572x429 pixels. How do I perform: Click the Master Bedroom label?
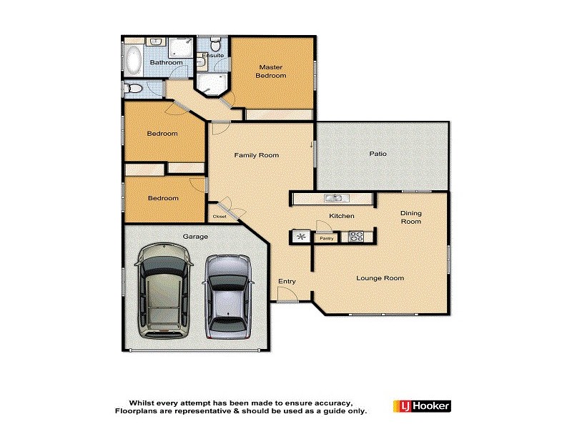click(271, 71)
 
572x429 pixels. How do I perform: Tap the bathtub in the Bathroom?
click(133, 61)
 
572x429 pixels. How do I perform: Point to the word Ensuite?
click(213, 55)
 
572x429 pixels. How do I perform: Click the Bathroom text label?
click(166, 63)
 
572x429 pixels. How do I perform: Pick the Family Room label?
click(257, 155)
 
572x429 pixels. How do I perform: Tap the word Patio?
click(378, 154)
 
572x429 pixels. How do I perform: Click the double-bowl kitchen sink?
click(334, 198)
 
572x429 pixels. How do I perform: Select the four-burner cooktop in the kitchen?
click(355, 236)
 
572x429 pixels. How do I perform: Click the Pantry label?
click(327, 238)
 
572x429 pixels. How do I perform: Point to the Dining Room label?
click(410, 217)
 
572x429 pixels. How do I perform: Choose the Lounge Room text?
click(380, 278)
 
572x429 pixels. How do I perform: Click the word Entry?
click(287, 281)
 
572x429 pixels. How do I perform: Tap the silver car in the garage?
click(227, 297)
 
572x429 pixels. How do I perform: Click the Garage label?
click(195, 236)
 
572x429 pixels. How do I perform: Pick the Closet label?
click(220, 216)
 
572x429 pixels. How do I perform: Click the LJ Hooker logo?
click(421, 406)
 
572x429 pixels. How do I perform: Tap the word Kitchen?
click(341, 216)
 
